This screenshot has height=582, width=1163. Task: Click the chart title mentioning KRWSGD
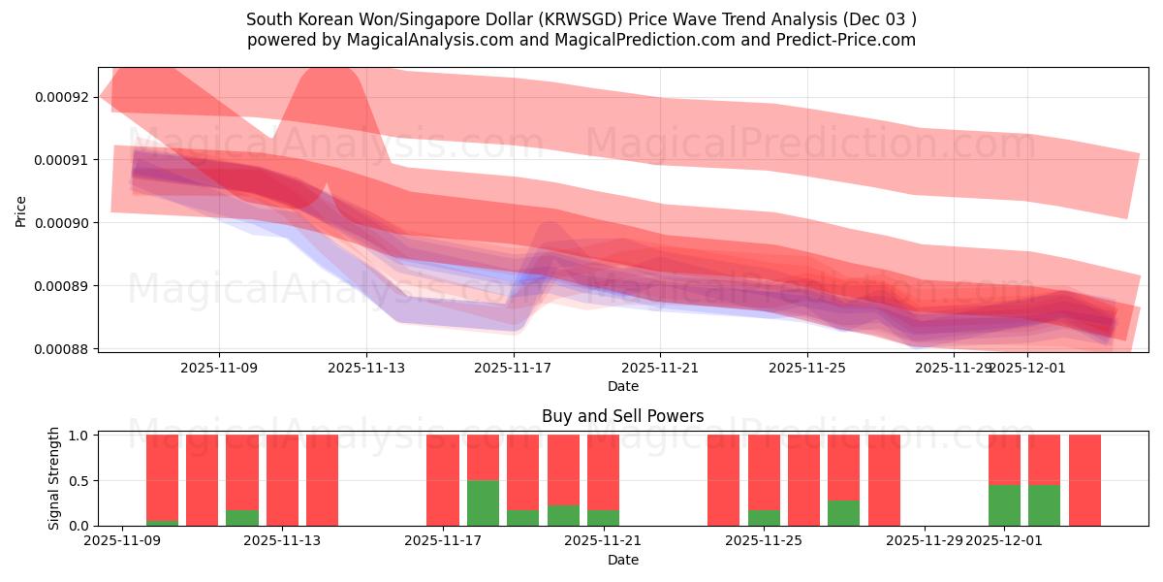(x=581, y=19)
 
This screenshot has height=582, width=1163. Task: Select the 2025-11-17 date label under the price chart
(x=514, y=368)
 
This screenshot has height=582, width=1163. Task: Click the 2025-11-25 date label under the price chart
(x=807, y=368)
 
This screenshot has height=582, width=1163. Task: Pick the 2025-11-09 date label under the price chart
(x=219, y=368)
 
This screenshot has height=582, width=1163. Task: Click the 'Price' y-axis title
(x=20, y=210)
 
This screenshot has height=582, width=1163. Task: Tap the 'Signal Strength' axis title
(x=54, y=478)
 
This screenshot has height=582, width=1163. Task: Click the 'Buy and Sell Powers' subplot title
(x=622, y=416)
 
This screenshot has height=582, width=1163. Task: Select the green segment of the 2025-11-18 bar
(x=483, y=503)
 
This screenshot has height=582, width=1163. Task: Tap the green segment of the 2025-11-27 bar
(x=843, y=513)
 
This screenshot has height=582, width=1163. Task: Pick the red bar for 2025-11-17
(x=443, y=480)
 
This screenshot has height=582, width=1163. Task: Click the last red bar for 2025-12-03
(x=1084, y=480)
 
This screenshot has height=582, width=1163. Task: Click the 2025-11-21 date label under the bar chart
(x=604, y=541)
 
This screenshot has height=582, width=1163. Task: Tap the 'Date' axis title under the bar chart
(x=622, y=560)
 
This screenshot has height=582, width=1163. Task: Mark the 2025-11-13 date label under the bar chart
(x=282, y=541)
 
